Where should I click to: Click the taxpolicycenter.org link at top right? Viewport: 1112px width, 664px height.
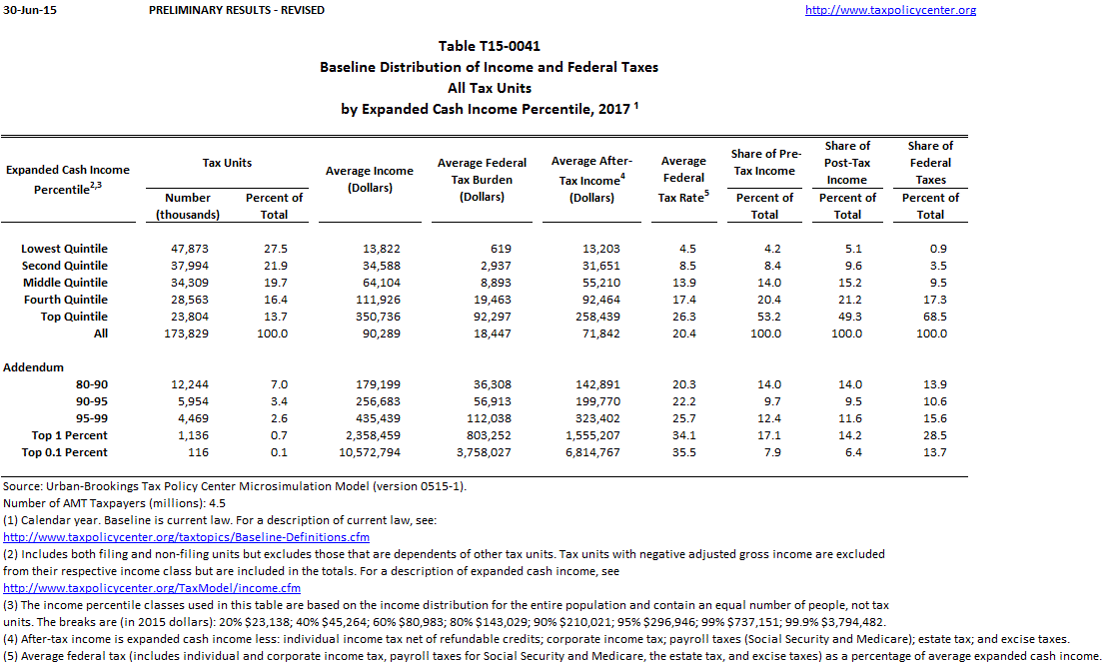coord(890,10)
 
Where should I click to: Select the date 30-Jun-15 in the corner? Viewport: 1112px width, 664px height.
coord(25,10)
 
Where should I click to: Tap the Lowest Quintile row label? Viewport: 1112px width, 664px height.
coord(65,249)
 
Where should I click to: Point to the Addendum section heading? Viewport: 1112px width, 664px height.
coord(34,367)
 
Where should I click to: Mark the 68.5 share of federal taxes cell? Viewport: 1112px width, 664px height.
coord(930,317)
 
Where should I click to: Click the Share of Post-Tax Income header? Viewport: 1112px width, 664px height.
coord(847,163)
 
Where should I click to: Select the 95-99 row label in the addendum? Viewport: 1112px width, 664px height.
coord(92,418)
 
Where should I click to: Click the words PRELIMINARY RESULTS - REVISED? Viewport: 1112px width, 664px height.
coord(236,10)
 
